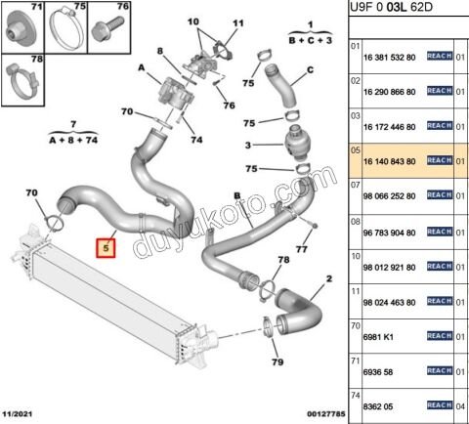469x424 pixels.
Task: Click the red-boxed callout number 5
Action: point(107,248)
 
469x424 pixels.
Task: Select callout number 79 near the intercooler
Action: point(277,363)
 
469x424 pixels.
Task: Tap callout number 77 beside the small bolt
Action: point(300,250)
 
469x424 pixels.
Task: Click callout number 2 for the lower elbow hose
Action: point(329,279)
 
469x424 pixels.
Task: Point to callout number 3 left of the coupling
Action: point(249,146)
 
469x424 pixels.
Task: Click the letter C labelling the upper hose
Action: point(310,69)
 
